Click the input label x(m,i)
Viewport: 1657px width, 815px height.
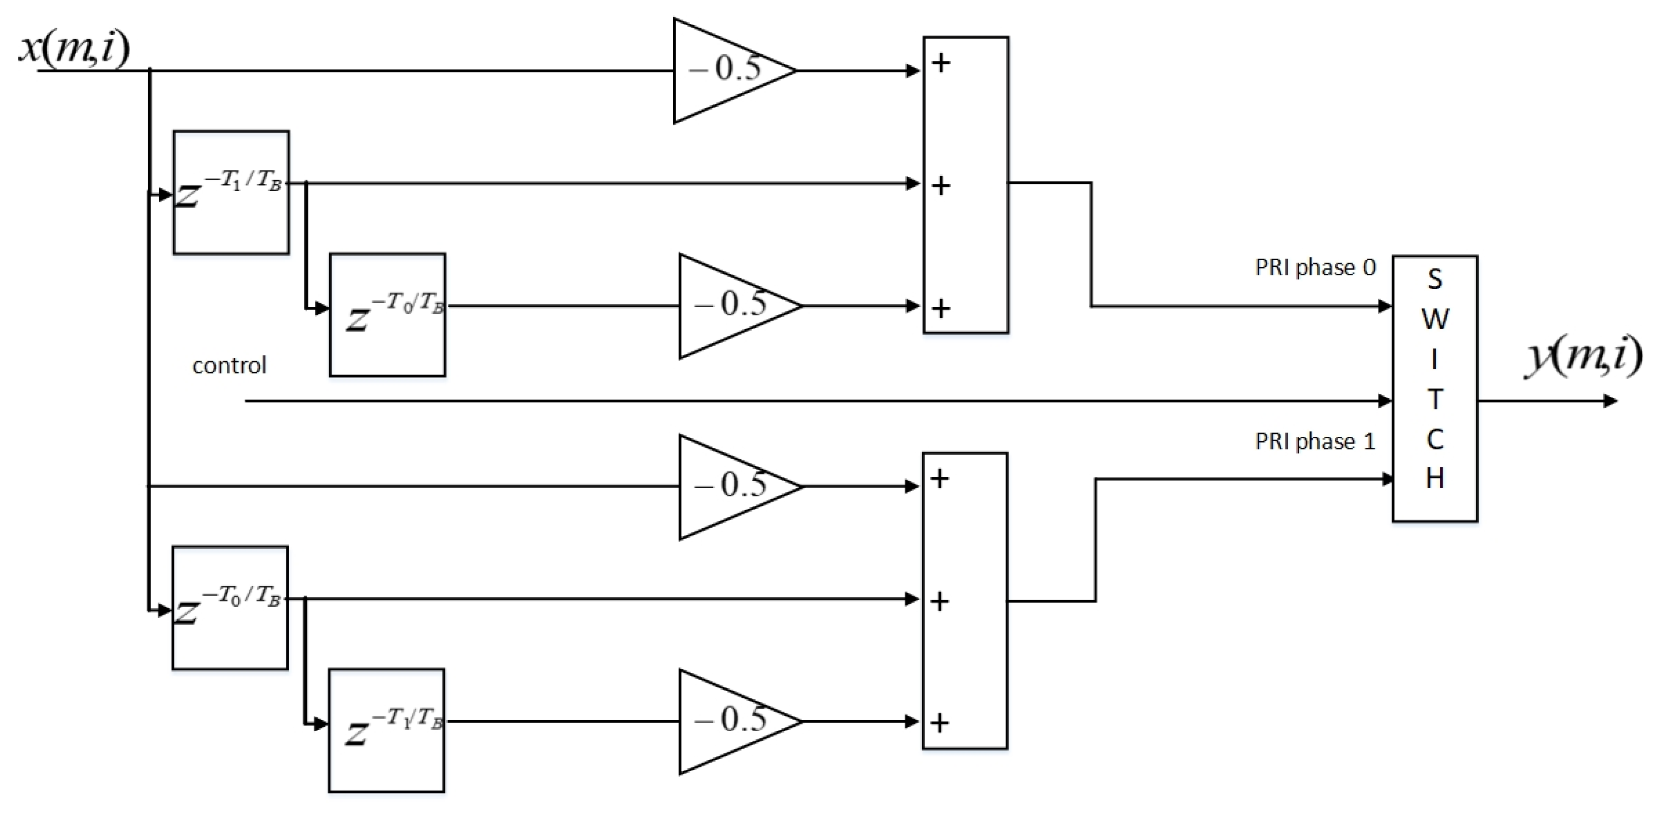click(74, 48)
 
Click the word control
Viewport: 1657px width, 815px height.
click(229, 365)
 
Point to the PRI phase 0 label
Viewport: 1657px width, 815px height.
click(1315, 267)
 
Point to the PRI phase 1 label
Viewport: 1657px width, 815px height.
click(1315, 441)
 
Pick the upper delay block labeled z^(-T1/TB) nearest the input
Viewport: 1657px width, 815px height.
click(231, 192)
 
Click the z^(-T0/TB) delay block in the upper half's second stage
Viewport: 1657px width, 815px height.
click(387, 314)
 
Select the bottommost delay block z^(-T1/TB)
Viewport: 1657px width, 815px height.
click(386, 730)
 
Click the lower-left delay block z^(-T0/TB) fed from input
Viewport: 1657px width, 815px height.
click(230, 607)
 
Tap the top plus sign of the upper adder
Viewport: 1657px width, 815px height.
click(941, 63)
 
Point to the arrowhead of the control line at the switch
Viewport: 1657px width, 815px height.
click(1385, 401)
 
